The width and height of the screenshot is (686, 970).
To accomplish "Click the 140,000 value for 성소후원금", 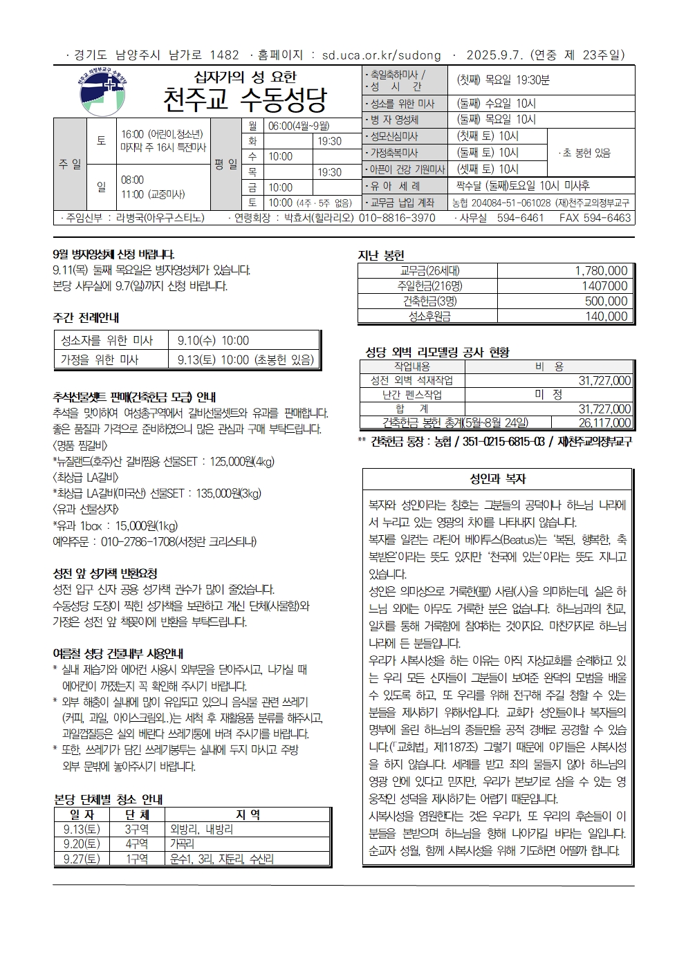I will (606, 317).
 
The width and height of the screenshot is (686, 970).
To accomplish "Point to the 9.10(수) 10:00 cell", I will (213, 341).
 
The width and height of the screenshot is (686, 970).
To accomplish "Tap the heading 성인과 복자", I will (497, 479).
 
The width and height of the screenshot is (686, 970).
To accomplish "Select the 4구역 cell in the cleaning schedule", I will (136, 844).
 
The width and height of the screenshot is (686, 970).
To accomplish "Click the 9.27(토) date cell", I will (82, 859).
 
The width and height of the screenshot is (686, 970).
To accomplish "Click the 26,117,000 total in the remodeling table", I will (604, 423).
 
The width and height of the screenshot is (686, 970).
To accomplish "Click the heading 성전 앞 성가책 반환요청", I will (105, 574).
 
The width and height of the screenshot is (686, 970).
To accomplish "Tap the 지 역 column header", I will (248, 815).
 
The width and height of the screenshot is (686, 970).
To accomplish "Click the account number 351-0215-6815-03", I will (497, 442).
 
